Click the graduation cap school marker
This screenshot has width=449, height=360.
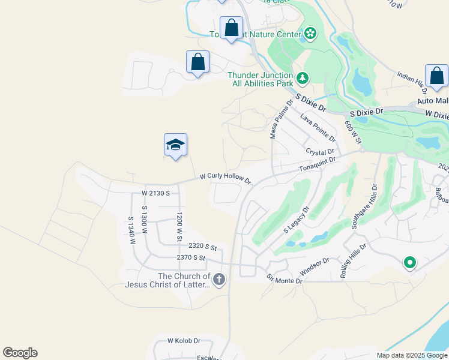(175, 145)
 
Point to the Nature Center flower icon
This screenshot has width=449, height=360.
(310, 33)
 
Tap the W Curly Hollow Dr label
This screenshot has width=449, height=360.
(224, 178)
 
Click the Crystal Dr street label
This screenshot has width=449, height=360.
(319, 152)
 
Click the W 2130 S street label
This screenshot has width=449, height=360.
(156, 193)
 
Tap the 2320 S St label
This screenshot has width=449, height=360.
(202, 246)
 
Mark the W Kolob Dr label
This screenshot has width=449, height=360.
(183, 340)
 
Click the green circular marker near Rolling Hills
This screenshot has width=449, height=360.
(410, 262)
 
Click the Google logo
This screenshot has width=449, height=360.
(20, 353)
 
